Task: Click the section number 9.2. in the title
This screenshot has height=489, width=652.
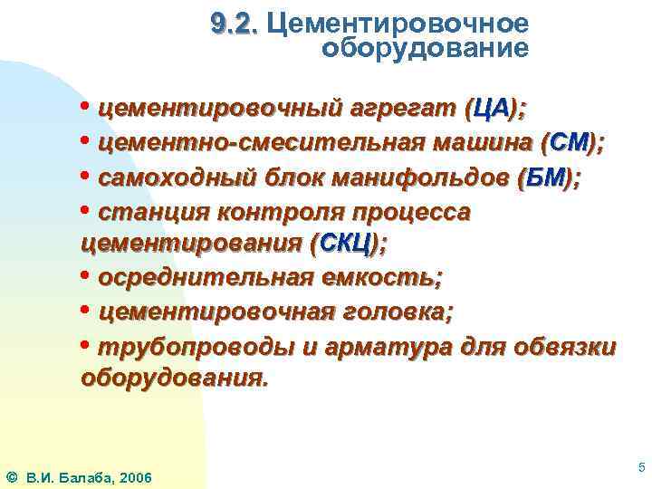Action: [x=234, y=23]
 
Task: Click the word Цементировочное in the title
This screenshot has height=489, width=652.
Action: [x=398, y=23]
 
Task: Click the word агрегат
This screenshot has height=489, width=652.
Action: [x=399, y=110]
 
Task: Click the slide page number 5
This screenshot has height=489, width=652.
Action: [x=641, y=467]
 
